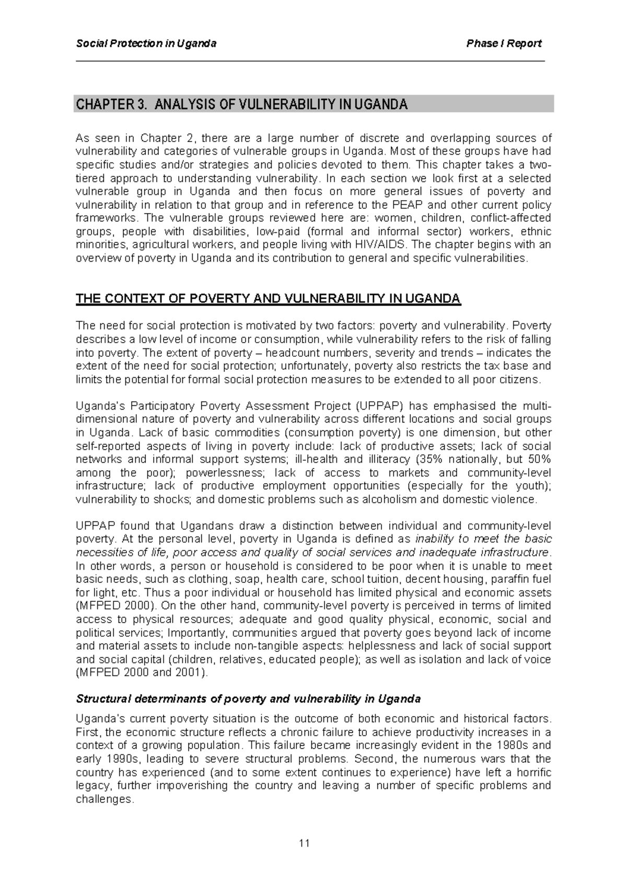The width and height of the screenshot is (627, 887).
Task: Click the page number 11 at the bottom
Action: pos(305,843)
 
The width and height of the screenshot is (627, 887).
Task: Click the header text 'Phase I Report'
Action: pos(504,43)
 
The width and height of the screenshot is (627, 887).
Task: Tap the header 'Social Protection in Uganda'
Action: pos(146,43)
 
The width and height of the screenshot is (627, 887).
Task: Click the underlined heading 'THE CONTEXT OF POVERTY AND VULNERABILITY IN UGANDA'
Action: pos(268,299)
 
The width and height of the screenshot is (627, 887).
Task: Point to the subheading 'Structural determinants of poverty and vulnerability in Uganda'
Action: pos(248,699)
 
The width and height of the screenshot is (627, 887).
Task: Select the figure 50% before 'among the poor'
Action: pos(537,459)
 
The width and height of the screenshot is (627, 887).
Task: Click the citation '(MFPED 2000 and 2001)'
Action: pos(142,673)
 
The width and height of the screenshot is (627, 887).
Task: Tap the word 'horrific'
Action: pos(533,772)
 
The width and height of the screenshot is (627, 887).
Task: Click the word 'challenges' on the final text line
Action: pos(104,799)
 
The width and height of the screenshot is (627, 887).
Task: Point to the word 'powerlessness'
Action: pos(226,473)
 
